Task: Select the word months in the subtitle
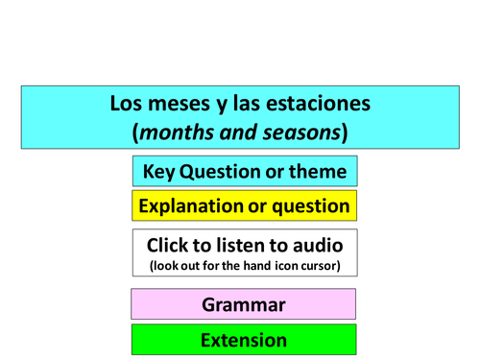[177, 132]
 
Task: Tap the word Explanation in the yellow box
[191, 205]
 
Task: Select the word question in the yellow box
[311, 205]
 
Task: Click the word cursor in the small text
[316, 266]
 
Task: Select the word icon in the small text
[278, 266]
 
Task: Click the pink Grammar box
[244, 304]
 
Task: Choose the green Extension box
[244, 340]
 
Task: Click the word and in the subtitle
[236, 132]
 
